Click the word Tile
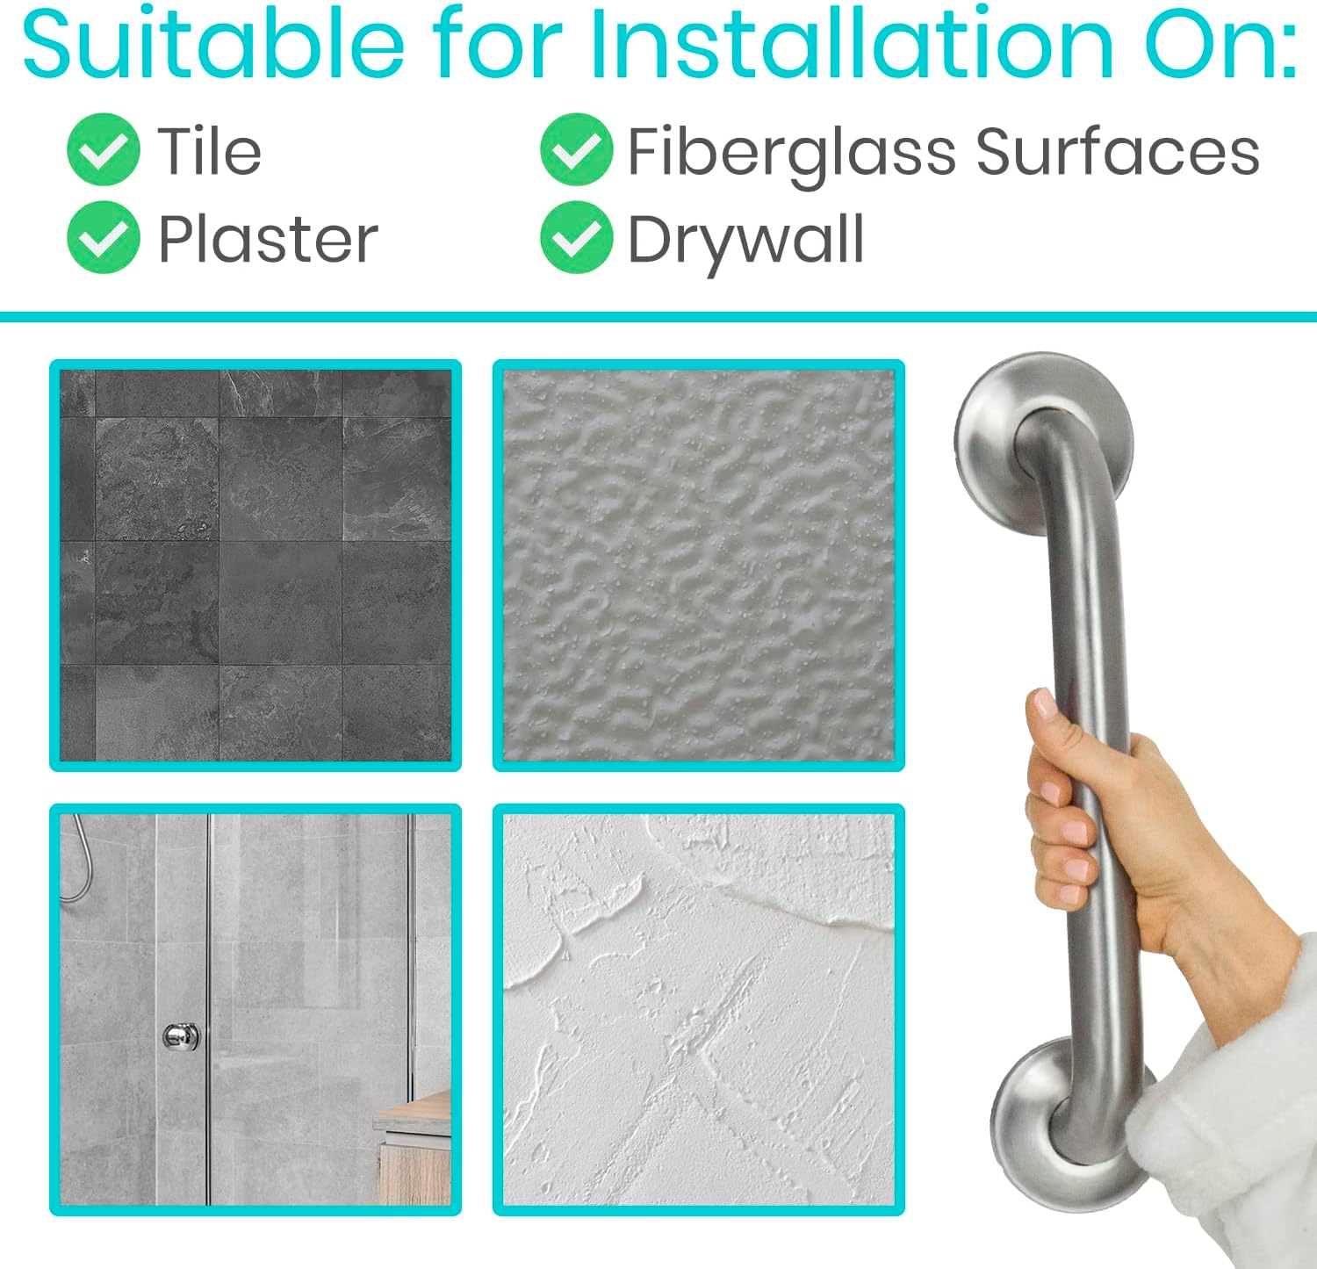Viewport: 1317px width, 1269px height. click(x=209, y=151)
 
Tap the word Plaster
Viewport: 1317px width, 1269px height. click(x=268, y=239)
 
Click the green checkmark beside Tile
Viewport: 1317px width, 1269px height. click(x=104, y=149)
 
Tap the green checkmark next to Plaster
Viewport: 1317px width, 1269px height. click(x=104, y=236)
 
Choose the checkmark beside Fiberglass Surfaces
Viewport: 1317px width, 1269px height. click(x=577, y=149)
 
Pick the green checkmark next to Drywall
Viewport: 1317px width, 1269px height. click(x=577, y=236)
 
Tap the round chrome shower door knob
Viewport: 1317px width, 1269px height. click(x=181, y=1036)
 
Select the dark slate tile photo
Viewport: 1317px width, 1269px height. click(x=255, y=566)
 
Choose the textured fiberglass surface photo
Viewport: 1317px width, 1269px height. click(x=699, y=566)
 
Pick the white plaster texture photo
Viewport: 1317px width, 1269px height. click(x=699, y=1010)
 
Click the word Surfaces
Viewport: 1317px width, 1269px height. click(x=1118, y=151)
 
